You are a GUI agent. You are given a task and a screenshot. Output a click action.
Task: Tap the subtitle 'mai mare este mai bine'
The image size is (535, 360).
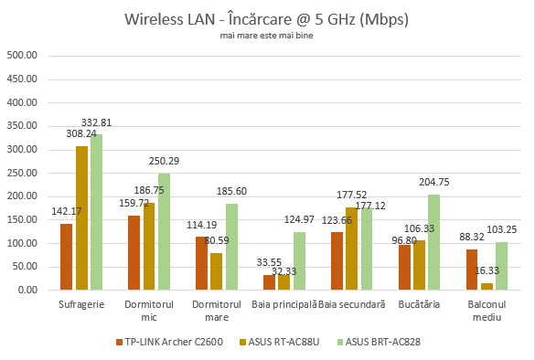point(267,36)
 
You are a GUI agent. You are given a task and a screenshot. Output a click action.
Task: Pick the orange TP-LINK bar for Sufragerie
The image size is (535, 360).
point(66,257)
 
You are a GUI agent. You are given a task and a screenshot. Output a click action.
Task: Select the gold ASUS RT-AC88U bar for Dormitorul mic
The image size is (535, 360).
point(149,247)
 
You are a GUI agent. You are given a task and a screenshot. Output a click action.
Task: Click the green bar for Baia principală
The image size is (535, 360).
point(299,261)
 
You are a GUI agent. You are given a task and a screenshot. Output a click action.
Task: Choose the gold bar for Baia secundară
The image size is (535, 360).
point(352,249)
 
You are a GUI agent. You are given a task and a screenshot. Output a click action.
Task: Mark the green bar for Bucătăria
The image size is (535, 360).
point(434,242)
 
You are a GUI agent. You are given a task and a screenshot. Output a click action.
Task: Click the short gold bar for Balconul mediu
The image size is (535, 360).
point(487,287)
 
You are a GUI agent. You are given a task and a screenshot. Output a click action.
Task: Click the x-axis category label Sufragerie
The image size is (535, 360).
point(80,303)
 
